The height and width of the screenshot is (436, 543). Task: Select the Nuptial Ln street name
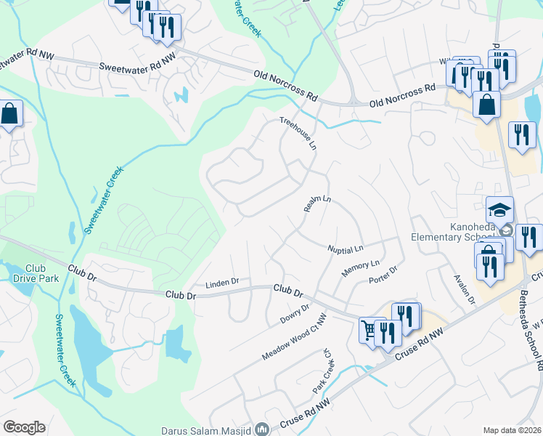345,249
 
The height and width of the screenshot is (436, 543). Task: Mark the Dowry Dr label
295,314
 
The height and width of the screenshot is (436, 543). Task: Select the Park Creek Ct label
322,371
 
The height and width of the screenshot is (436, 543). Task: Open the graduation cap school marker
499,210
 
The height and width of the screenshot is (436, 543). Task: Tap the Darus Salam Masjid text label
208,429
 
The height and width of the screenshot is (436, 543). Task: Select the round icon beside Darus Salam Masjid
263,429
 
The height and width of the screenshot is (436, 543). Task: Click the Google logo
24,427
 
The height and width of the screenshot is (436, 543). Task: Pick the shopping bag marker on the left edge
9,114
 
